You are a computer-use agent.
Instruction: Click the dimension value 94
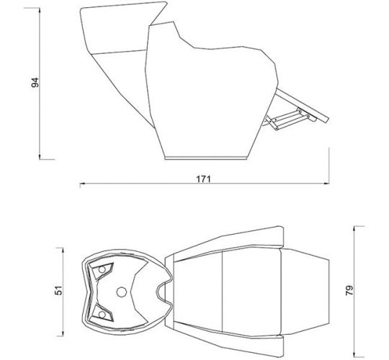[35, 83]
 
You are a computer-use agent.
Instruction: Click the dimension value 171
[203, 179]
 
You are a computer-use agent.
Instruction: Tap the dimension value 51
[59, 290]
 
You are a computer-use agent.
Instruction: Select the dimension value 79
[349, 290]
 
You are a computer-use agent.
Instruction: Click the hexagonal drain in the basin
[121, 292]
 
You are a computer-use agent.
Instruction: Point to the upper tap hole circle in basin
[102, 270]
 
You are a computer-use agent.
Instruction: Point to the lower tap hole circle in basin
[102, 315]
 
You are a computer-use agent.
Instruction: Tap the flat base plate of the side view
[207, 158]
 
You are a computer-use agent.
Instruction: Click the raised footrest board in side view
[302, 105]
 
